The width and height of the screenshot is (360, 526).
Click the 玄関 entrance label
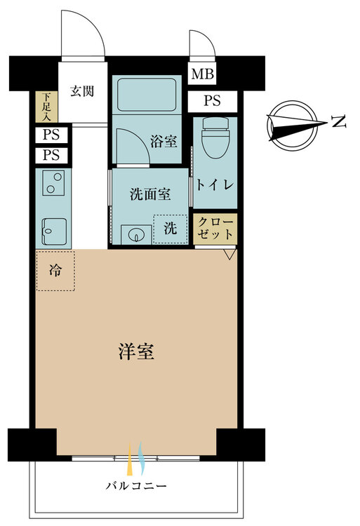pyautogui.click(x=82, y=91)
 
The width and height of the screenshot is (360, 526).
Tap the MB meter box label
pyautogui.click(x=202, y=74)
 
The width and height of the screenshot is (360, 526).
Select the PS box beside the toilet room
pyautogui.click(x=213, y=100)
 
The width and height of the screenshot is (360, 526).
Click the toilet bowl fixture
pyautogui.click(x=215, y=137)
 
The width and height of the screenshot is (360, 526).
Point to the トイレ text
pyautogui.click(x=215, y=185)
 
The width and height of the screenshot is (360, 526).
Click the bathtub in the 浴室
pyautogui.click(x=147, y=95)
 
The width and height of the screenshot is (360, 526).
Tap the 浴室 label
pyautogui.click(x=164, y=141)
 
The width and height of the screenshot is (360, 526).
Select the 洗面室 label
pyautogui.click(x=150, y=194)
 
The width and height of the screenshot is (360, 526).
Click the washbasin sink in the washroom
pyautogui.click(x=136, y=234)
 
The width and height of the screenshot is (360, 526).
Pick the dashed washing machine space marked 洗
pyautogui.click(x=171, y=229)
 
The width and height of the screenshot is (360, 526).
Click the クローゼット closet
pyautogui.click(x=215, y=229)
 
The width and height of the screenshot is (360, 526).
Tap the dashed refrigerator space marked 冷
pyautogui.click(x=55, y=271)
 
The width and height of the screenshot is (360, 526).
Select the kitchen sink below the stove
pyautogui.click(x=54, y=231)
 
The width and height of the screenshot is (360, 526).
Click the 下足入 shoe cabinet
pyautogui.click(x=46, y=107)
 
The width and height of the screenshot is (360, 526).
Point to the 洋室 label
pyautogui.click(x=137, y=351)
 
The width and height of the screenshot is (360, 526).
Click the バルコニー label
pyautogui.click(x=136, y=486)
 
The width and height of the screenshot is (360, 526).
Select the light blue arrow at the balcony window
pyautogui.click(x=141, y=458)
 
